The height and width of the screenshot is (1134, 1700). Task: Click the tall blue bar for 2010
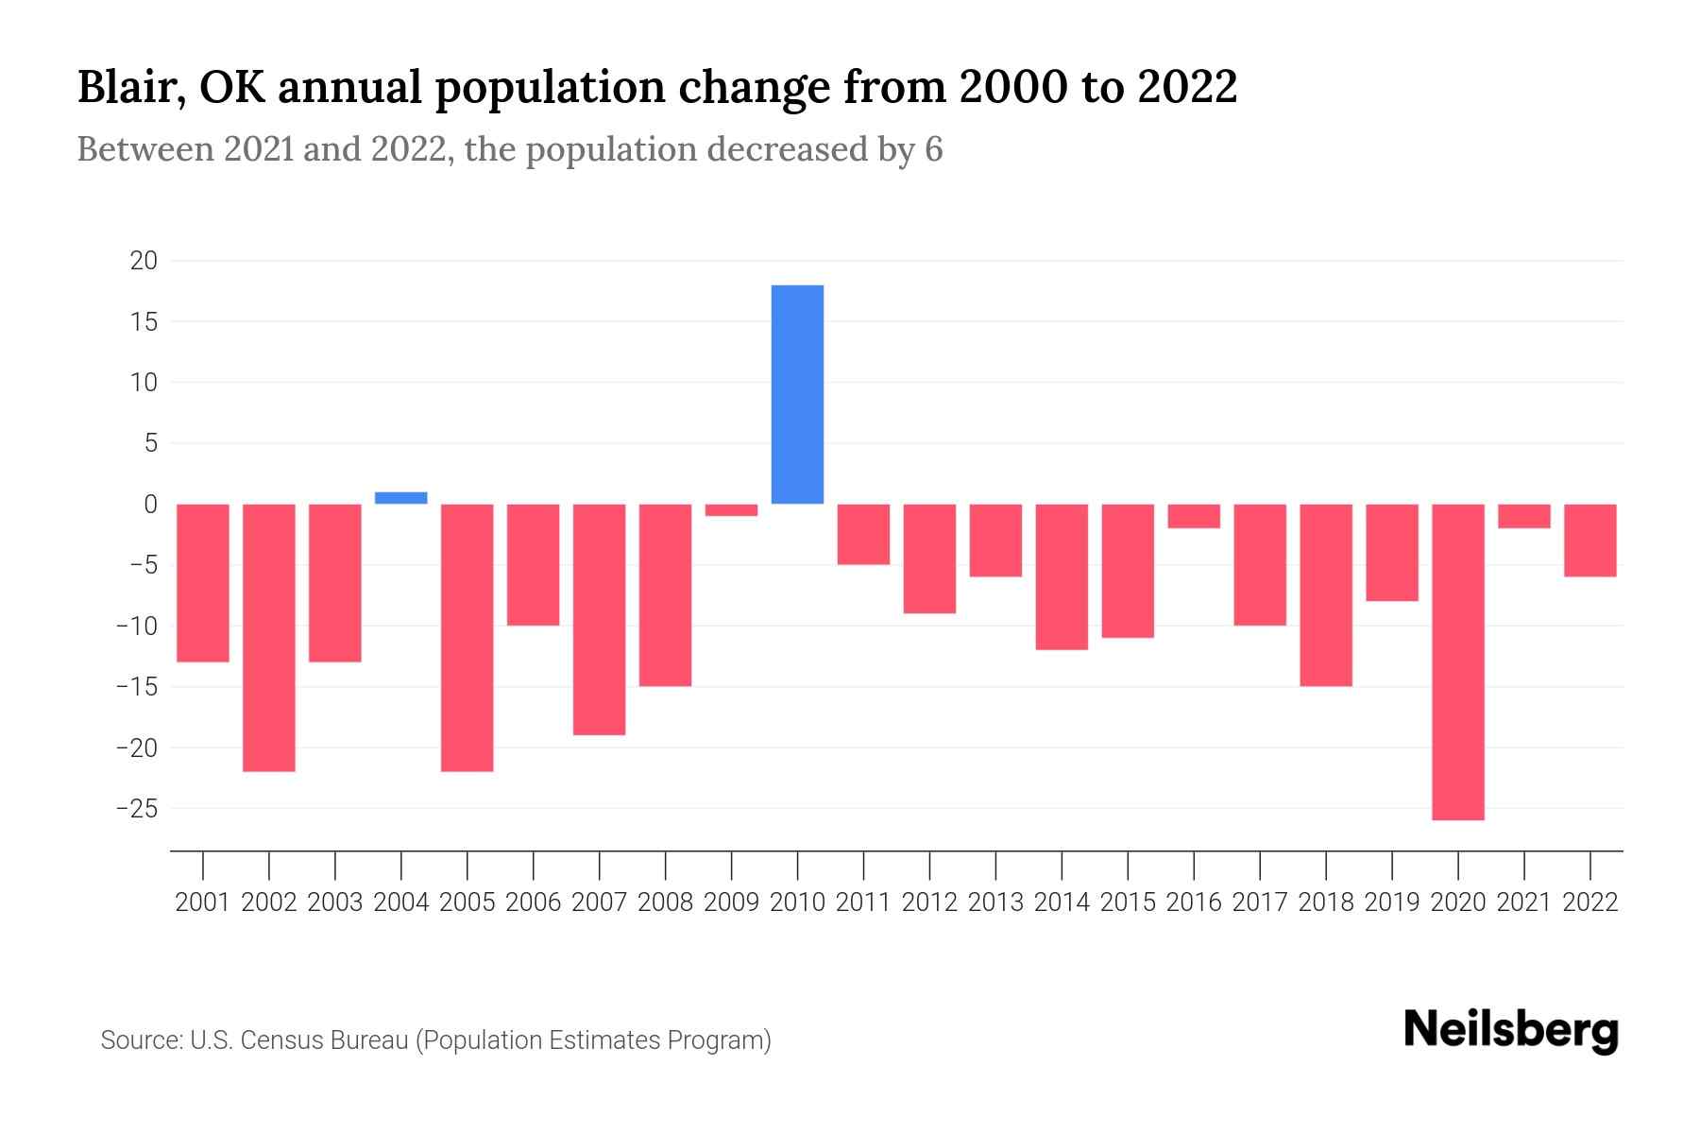point(797,394)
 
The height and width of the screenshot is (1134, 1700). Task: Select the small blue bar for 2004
point(401,498)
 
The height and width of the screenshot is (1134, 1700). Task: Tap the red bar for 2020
point(1457,661)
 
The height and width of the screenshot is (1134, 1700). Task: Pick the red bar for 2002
point(269,638)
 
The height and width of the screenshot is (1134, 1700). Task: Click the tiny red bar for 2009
point(731,510)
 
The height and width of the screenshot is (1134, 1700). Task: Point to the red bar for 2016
point(1194,516)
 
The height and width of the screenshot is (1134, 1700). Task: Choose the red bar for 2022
point(1589,541)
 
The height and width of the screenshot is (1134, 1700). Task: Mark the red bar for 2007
point(599,619)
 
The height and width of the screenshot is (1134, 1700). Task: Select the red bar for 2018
point(1325,595)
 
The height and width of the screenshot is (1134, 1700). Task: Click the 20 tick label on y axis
point(144,261)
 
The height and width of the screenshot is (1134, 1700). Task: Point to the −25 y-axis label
point(136,809)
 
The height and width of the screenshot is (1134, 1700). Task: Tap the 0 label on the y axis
point(150,505)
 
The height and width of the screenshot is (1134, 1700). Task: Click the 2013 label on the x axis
point(995,902)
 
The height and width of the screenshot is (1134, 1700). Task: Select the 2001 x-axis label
point(203,902)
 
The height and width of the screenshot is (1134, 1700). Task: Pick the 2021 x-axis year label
point(1523,902)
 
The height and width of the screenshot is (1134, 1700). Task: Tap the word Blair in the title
point(126,87)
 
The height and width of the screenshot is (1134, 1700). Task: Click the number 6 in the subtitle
point(933,150)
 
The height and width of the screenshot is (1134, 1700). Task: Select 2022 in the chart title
point(1187,87)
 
